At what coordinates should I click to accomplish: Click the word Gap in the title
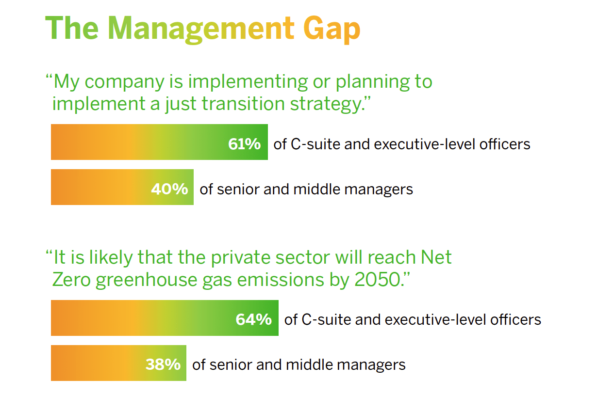[x=332, y=30]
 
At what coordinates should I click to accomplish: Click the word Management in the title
[x=201, y=30]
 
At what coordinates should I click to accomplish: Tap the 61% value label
[x=245, y=144]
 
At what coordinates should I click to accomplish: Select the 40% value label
[x=170, y=189]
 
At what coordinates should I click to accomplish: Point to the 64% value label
[x=254, y=319]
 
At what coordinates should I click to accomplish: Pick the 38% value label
[x=163, y=364]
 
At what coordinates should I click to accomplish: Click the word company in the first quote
[x=124, y=82]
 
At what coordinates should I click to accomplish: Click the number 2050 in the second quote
[x=379, y=280]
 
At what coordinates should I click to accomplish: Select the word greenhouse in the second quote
[x=146, y=281]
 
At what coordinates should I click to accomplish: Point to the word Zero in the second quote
[x=71, y=280]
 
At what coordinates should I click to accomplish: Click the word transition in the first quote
[x=243, y=103]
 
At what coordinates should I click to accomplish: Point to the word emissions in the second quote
[x=281, y=280]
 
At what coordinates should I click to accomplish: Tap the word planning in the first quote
[x=373, y=82]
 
